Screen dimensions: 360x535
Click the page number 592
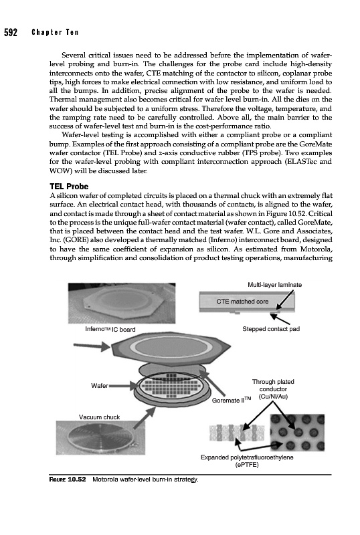click(x=10, y=32)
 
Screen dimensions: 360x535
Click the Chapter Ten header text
click(x=55, y=32)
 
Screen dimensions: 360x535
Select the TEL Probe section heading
click(x=69, y=187)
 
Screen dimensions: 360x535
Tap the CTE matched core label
click(x=242, y=302)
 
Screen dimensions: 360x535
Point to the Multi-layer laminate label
click(x=274, y=285)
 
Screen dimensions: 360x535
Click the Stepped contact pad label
click(x=271, y=329)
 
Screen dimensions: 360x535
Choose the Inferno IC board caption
click(x=110, y=329)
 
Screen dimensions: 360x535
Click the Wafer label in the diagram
click(x=100, y=386)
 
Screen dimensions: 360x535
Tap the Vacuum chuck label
click(x=100, y=417)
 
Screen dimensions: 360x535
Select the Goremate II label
click(x=232, y=400)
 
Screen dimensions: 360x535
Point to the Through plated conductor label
click(x=273, y=389)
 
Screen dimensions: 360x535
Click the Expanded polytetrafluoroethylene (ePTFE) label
click(x=247, y=461)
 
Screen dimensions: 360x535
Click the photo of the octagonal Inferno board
click(x=122, y=303)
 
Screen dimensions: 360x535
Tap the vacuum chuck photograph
click(x=100, y=438)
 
